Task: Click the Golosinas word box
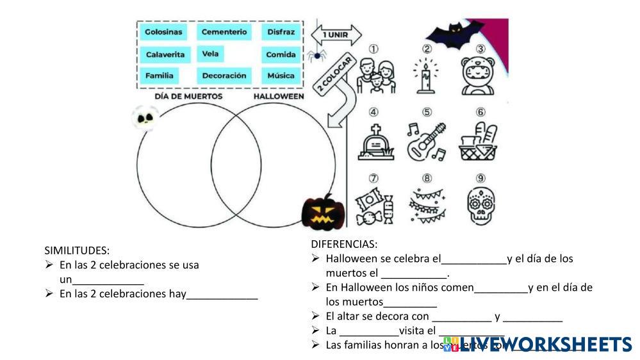163,31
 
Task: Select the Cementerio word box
224,31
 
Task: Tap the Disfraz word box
281,31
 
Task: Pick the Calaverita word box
165,54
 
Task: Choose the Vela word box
210,54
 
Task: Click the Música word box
281,76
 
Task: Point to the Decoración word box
224,76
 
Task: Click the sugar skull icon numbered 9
480,205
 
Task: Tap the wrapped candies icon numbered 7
373,206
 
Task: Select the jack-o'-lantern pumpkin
324,212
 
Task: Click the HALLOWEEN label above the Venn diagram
279,96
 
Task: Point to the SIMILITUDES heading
77,250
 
